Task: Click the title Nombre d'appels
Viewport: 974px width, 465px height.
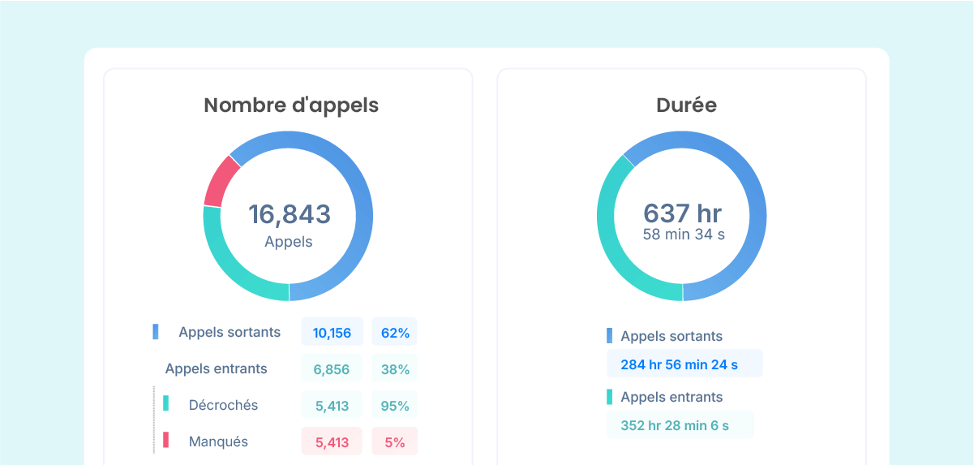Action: (x=290, y=105)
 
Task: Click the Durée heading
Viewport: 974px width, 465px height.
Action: (x=685, y=105)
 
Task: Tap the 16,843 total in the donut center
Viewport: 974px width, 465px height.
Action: (x=289, y=214)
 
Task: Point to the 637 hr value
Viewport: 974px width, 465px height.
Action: (x=682, y=213)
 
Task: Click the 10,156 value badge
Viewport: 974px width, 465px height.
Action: (x=332, y=333)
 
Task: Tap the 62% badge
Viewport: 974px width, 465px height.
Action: (x=394, y=333)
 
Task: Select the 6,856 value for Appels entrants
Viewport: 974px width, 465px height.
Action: (x=332, y=369)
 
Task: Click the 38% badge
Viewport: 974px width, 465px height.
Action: (x=394, y=369)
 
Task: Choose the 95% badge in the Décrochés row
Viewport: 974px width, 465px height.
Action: (x=394, y=406)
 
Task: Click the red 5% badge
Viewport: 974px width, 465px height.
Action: (x=394, y=442)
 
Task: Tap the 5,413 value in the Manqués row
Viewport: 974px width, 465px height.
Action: (x=332, y=442)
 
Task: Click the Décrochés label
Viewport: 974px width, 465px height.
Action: (x=223, y=405)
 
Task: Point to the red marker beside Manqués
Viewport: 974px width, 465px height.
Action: (x=166, y=441)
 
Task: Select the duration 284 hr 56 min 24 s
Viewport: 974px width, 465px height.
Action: (x=679, y=364)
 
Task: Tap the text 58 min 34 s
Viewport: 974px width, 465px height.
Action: (x=683, y=235)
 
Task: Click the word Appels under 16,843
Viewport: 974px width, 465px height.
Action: (x=288, y=242)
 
